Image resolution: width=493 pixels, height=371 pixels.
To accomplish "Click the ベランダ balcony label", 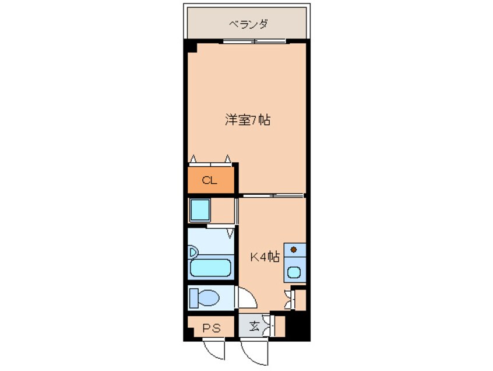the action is [248, 24].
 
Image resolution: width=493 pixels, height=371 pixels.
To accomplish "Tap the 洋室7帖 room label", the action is [248, 120].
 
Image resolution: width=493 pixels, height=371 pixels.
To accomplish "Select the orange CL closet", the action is [211, 180].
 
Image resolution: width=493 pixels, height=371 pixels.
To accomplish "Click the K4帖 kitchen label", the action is [265, 257].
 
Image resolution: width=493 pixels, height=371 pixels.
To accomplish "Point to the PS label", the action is [212, 328].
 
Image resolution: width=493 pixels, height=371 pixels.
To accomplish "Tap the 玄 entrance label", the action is [254, 326].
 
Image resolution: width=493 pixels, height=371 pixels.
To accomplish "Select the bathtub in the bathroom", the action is [210, 268].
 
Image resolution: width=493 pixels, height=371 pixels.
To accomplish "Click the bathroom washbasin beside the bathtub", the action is [193, 252].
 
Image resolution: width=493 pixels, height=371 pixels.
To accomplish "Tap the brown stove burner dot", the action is [294, 250].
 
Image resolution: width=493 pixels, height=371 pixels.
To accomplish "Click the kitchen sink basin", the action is [294, 272].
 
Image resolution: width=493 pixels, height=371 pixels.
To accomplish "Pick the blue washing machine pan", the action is [200, 210].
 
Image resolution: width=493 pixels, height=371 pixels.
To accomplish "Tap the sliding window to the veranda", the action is [255, 41].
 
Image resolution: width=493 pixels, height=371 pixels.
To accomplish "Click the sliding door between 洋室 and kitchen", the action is [273, 195].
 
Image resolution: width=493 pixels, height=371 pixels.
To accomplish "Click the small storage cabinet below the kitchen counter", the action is [300, 300].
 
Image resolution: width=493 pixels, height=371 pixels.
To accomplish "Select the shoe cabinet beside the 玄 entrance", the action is [279, 325].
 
